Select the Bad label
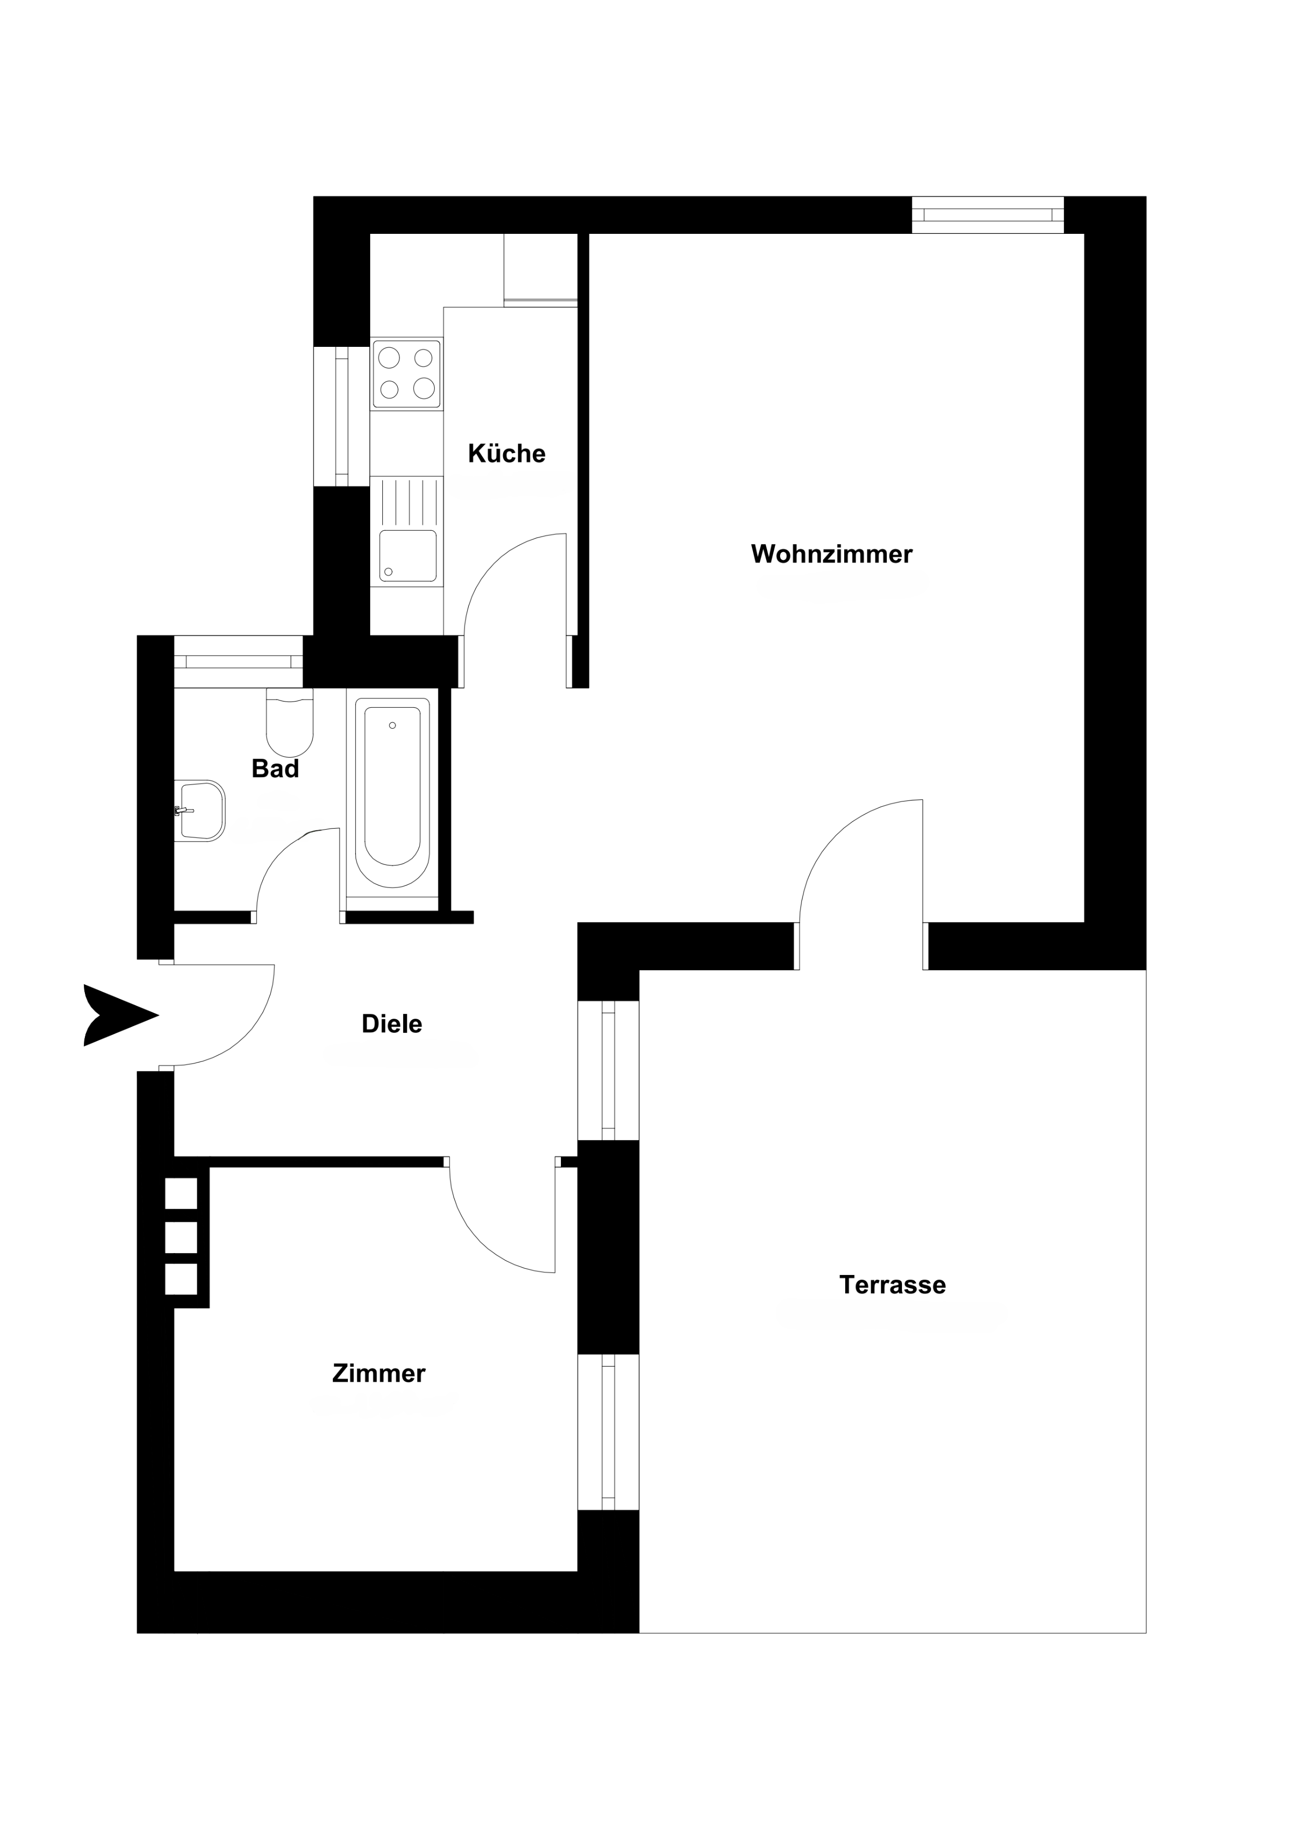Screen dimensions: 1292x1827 (275, 769)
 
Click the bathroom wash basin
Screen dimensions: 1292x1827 (200, 811)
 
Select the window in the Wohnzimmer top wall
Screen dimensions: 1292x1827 (987, 215)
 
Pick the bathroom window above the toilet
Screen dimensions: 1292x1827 (239, 661)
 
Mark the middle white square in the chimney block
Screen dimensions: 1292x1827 (181, 1238)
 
